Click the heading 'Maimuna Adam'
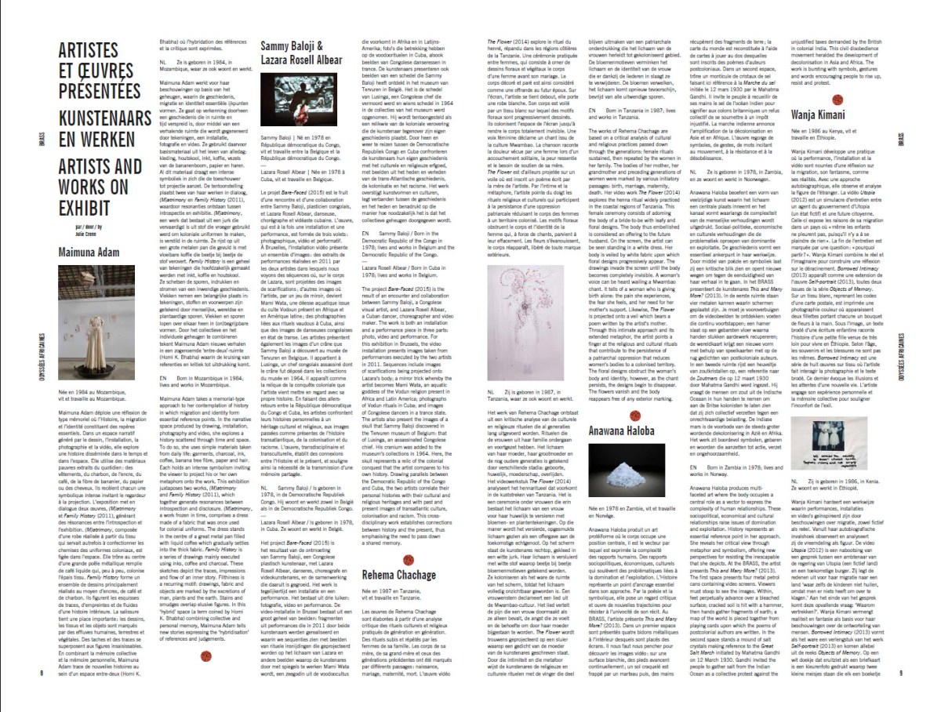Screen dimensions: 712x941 coord(89,252)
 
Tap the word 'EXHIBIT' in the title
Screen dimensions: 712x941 coord(85,209)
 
